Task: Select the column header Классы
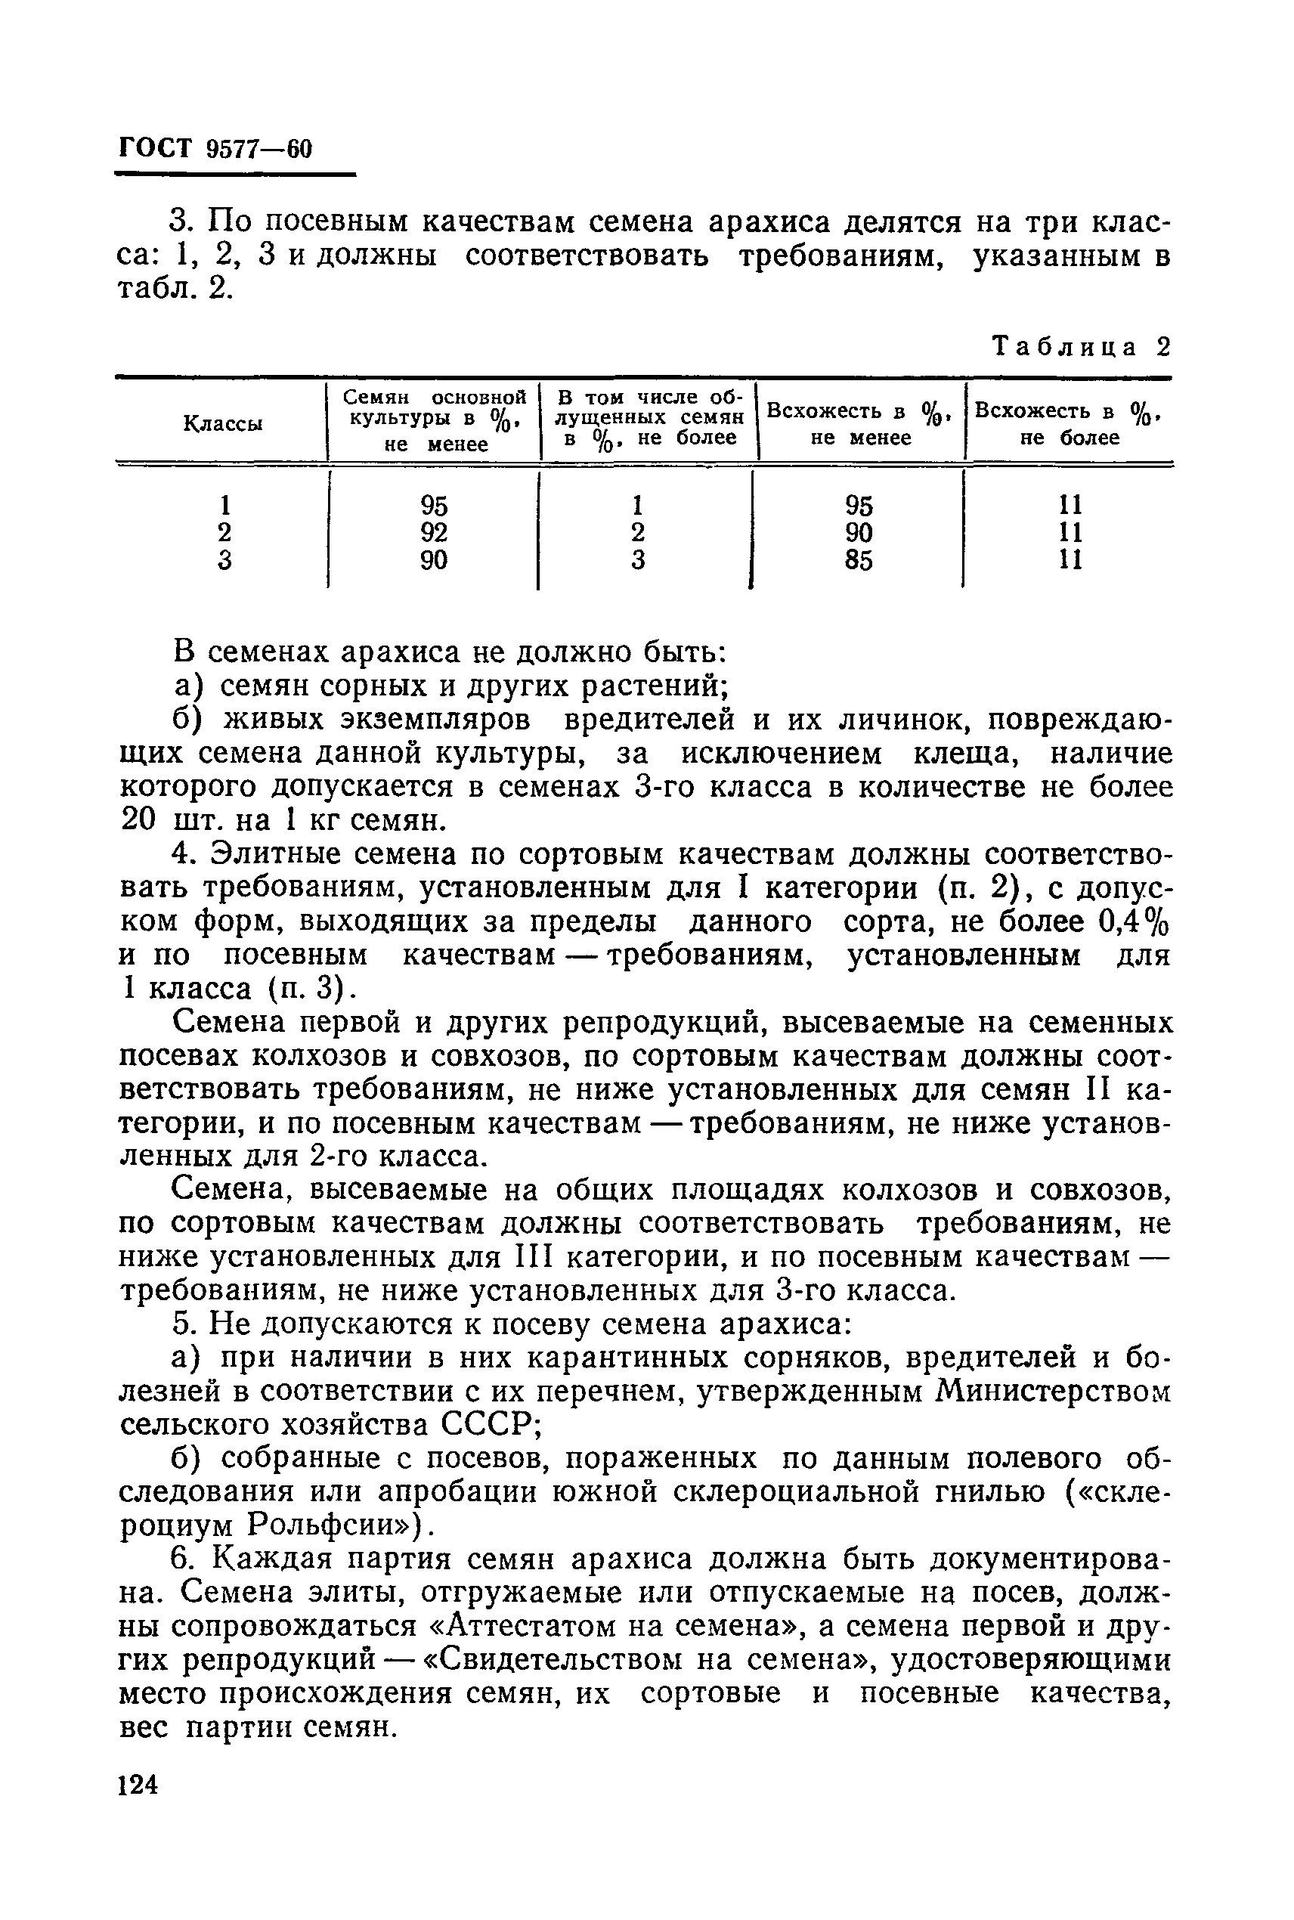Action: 222,424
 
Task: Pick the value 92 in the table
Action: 434,531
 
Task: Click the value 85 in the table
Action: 859,560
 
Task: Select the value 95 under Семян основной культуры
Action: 434,503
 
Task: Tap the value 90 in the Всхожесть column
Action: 859,531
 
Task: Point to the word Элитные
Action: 286,855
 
